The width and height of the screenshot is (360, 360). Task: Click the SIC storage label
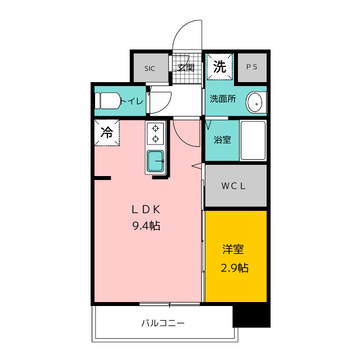click(x=149, y=69)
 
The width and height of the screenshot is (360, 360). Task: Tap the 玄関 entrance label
click(x=186, y=68)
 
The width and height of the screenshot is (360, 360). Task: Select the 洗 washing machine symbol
click(x=219, y=67)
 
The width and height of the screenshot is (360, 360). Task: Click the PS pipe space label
click(x=251, y=67)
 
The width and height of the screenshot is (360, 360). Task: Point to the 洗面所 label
click(x=223, y=99)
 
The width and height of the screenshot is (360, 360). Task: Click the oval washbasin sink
click(x=255, y=103)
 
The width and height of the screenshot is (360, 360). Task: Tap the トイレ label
click(x=131, y=101)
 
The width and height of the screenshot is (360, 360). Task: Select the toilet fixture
click(x=107, y=101)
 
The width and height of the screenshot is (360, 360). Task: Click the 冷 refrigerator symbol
click(x=107, y=133)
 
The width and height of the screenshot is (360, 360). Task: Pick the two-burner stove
click(x=155, y=133)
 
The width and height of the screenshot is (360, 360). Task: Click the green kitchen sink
click(x=155, y=161)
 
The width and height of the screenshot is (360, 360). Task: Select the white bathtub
click(x=253, y=141)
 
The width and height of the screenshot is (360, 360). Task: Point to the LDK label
click(x=147, y=210)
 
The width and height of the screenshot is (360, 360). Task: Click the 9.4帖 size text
click(x=147, y=226)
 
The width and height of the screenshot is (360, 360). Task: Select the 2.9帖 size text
click(x=235, y=268)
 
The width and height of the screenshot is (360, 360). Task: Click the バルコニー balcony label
click(x=163, y=323)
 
